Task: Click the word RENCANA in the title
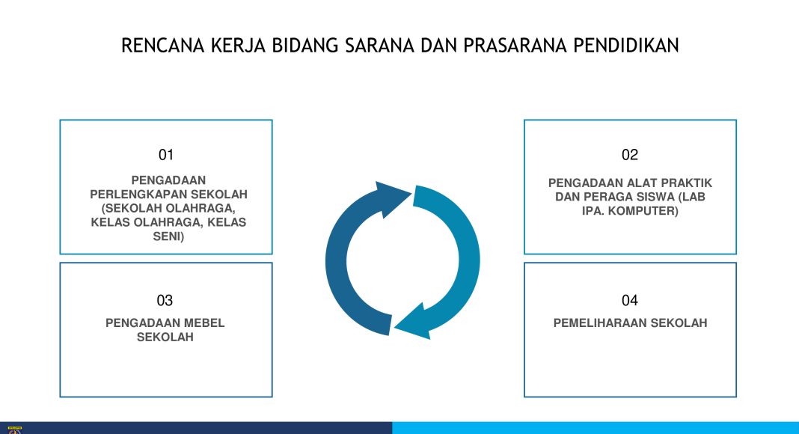[x=162, y=46]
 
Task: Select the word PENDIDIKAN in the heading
[x=626, y=46]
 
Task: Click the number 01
[x=166, y=155]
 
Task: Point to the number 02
[x=630, y=155]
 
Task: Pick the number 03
[x=165, y=301]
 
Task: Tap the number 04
[x=630, y=301]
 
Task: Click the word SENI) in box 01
[x=168, y=236]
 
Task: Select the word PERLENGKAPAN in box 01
[x=133, y=194]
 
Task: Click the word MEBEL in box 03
[x=203, y=323]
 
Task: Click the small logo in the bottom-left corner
[x=15, y=430]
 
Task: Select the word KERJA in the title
[x=238, y=46]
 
